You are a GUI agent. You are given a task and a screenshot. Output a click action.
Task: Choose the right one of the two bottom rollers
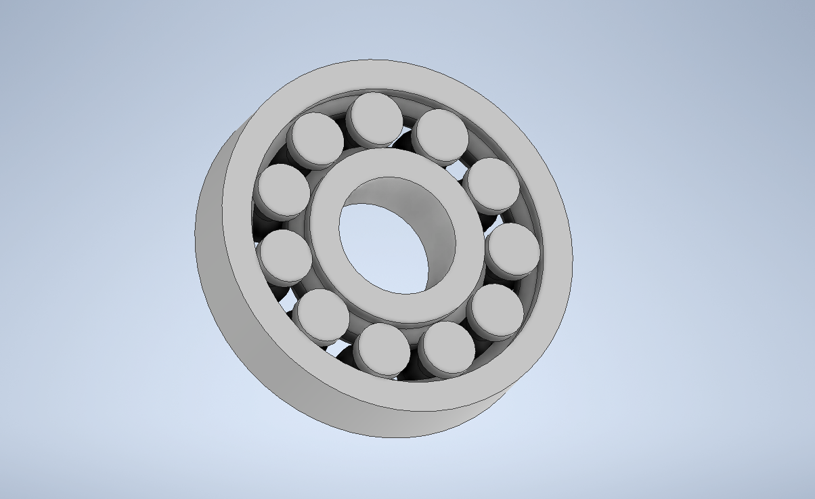(x=446, y=347)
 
